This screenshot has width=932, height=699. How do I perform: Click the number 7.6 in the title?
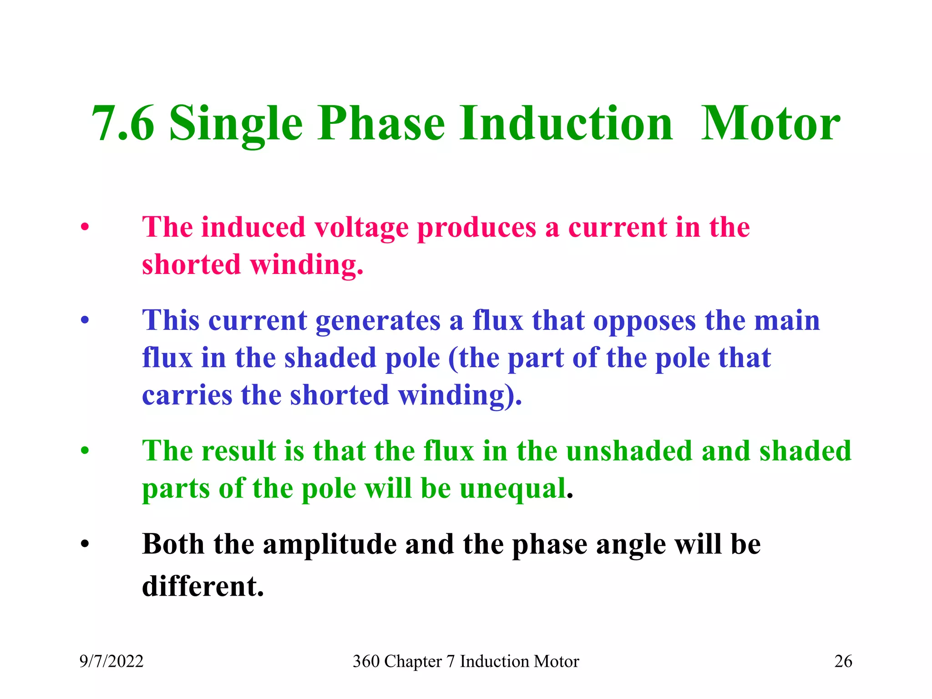123,124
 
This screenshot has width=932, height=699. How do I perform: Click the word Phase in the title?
381,124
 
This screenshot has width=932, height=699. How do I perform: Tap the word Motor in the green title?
770,124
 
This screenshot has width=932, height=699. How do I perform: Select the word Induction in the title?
566,124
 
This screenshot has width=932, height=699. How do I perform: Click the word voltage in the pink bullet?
361,228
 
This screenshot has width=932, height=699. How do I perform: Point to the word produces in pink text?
476,228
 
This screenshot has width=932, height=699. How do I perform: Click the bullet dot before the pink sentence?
85,228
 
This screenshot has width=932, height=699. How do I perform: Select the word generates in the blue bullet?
378,321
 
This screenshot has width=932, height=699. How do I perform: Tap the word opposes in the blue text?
644,321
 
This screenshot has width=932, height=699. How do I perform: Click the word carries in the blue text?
187,395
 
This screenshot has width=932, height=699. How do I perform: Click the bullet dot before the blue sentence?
85,321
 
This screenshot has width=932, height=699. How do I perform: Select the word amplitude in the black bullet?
330,544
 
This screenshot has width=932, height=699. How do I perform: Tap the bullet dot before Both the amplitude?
85,544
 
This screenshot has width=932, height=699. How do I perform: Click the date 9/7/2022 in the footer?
111,661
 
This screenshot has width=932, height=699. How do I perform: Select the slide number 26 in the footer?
843,661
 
